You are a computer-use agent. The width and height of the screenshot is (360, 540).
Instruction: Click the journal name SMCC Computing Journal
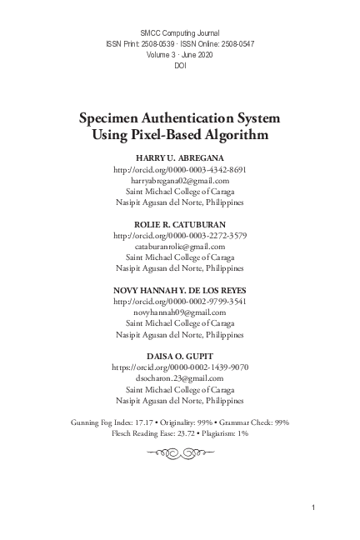pos(180,31)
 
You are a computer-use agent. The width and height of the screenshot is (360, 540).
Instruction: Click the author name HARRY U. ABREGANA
pos(180,157)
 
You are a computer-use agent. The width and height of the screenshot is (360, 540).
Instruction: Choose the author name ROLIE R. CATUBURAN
pos(180,224)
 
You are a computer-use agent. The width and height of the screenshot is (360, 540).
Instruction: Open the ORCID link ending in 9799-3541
pos(180,301)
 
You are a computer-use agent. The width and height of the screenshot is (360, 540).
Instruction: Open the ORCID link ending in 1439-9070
pos(180,367)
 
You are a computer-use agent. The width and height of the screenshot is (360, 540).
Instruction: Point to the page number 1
pos(312,507)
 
